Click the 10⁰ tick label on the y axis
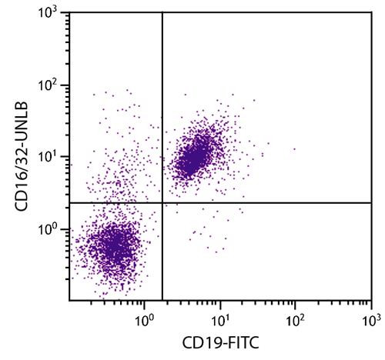click(50, 228)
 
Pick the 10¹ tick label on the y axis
click(50, 157)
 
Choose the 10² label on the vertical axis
click(50, 85)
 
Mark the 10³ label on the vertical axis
click(50, 14)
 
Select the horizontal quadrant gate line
click(269, 202)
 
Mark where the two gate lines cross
click(162, 202)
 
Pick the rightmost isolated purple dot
click(293, 149)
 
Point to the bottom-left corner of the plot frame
click(69, 301)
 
